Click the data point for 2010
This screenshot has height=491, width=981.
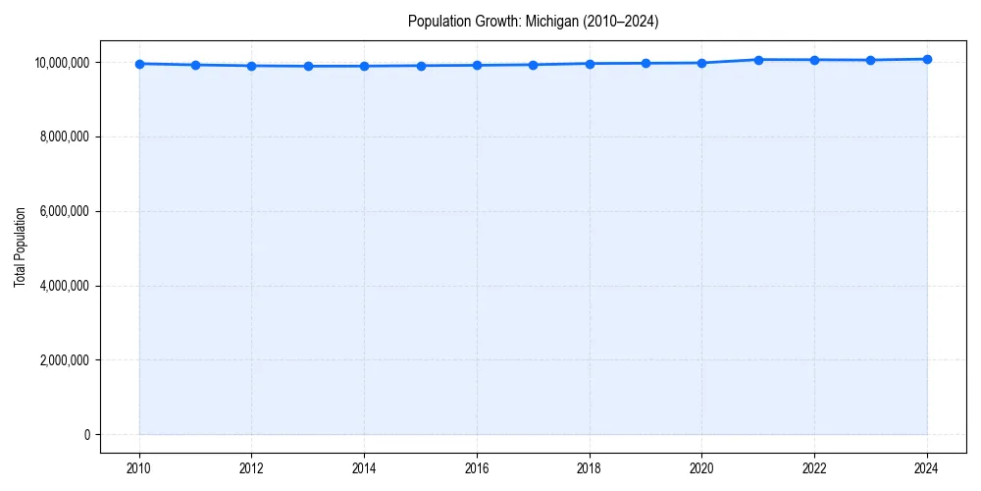(x=139, y=64)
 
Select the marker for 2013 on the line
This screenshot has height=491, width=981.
(x=308, y=66)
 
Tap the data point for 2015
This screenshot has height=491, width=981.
(x=421, y=66)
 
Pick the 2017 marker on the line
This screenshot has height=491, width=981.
(x=533, y=65)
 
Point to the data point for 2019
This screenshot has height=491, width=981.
(x=645, y=63)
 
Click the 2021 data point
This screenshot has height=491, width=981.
(x=758, y=60)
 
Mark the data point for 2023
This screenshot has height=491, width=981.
(x=870, y=60)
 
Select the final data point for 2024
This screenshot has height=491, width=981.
(x=927, y=59)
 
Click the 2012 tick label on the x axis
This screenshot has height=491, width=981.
(x=252, y=467)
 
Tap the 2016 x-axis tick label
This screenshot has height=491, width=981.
(x=477, y=467)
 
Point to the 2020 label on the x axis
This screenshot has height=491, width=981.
(x=701, y=467)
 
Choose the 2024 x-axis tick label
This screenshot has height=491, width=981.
(x=927, y=467)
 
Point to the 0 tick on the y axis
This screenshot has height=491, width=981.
(x=87, y=435)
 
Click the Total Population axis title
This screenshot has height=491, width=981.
(x=20, y=246)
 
